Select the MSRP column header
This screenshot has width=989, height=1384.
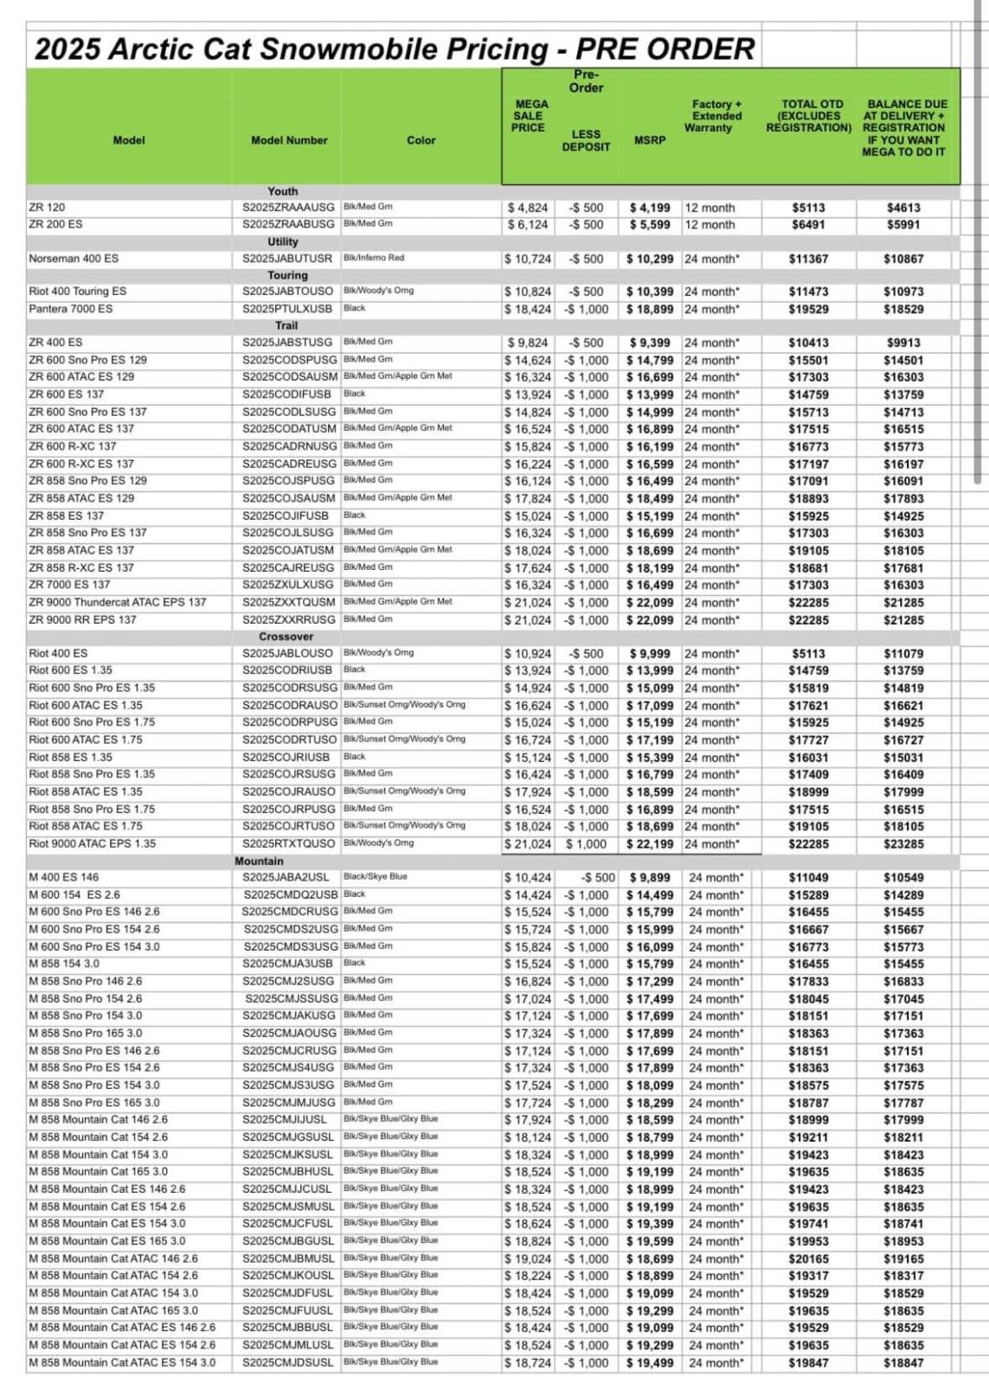click(x=650, y=139)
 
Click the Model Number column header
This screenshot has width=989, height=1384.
click(x=289, y=140)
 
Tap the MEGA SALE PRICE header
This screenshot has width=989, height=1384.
click(x=528, y=116)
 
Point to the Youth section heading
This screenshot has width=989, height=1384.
click(x=282, y=191)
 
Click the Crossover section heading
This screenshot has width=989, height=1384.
click(x=286, y=637)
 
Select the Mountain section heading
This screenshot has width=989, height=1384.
click(x=259, y=861)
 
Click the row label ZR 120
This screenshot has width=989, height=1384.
click(x=47, y=208)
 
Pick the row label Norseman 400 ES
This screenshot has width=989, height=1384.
click(x=74, y=259)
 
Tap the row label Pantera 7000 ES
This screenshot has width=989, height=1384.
click(x=71, y=309)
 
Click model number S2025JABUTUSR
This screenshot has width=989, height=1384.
click(x=287, y=259)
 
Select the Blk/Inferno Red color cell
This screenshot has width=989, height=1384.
click(x=374, y=258)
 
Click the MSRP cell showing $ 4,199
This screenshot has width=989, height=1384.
click(x=650, y=208)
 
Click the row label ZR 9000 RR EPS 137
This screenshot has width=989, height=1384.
click(x=82, y=619)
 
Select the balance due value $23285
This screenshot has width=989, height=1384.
click(x=903, y=843)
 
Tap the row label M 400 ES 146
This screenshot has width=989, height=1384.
click(x=64, y=877)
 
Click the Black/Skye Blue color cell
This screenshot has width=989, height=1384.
click(x=375, y=876)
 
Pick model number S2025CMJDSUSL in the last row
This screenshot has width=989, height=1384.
click(x=287, y=1362)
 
